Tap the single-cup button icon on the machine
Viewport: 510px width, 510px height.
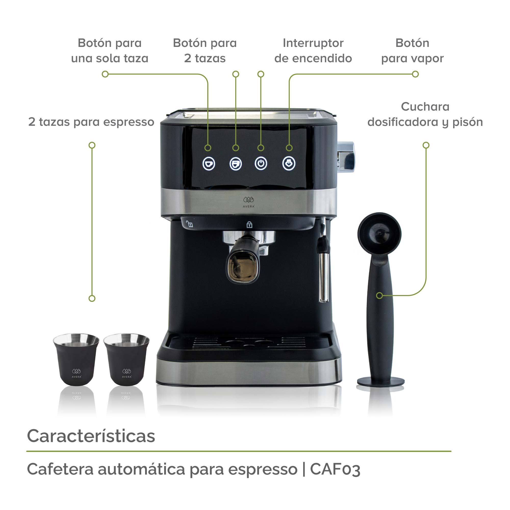point(209,164)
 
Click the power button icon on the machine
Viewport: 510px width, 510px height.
point(261,164)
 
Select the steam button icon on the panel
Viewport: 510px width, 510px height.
point(289,164)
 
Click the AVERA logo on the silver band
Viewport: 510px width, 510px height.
point(249,202)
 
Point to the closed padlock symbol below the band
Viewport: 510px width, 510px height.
point(249,225)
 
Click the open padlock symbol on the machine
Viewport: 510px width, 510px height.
point(189,224)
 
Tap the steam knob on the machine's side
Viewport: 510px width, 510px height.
point(346,157)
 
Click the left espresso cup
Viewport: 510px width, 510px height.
point(76,359)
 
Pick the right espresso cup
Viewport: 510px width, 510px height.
point(127,359)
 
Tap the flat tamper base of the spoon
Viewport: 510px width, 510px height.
point(381,382)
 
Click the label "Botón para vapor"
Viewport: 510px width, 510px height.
point(412,50)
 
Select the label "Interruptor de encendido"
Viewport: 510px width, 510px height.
point(313,50)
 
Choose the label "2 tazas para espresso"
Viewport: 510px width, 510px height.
point(91,122)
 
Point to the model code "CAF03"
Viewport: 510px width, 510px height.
point(335,469)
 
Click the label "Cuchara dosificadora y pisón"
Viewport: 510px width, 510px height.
point(425,114)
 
